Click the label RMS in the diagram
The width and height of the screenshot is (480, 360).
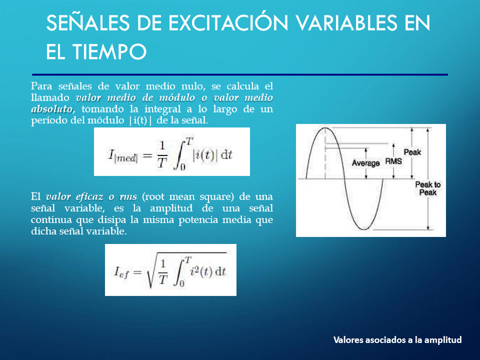coord(393,161)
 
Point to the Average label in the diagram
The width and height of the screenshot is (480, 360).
coord(365,163)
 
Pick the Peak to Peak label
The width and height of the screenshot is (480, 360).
coord(428,188)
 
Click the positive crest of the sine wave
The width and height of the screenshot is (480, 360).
coord(325,128)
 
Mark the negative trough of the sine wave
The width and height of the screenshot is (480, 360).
coord(364,229)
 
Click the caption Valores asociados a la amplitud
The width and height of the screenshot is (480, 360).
coord(397,340)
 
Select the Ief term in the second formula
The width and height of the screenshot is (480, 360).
coord(121,272)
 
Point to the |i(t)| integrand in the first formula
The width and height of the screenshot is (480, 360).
coord(205,155)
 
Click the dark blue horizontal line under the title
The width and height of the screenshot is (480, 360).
coord(240,74)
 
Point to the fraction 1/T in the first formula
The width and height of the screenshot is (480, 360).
coord(162,155)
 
